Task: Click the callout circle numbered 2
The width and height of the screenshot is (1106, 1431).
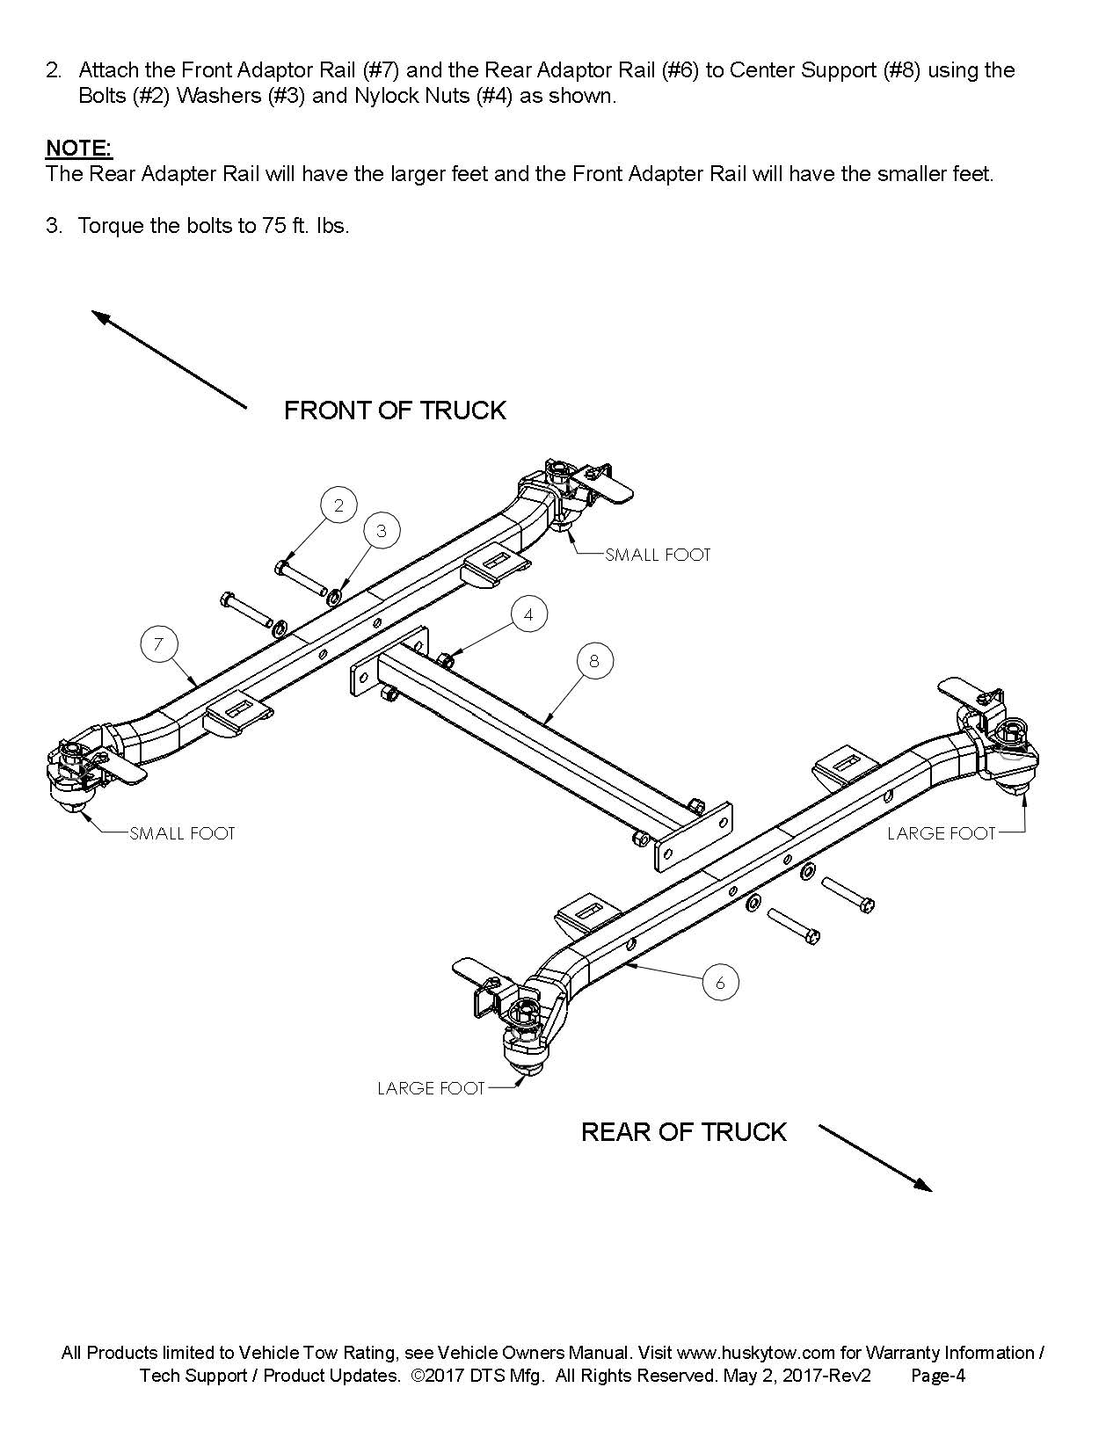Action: click(x=338, y=505)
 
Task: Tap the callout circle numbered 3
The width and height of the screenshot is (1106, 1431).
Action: click(x=381, y=530)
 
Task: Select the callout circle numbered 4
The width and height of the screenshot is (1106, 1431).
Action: click(x=528, y=614)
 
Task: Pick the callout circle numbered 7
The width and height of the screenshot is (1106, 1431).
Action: click(x=158, y=644)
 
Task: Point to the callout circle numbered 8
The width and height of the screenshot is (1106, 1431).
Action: click(x=594, y=660)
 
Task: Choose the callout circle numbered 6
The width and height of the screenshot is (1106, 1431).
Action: click(x=720, y=983)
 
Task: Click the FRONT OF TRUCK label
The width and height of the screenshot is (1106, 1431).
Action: click(x=395, y=410)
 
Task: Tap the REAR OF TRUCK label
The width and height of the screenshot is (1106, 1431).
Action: click(x=683, y=1131)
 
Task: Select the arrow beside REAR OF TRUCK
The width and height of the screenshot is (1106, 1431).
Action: click(x=875, y=1158)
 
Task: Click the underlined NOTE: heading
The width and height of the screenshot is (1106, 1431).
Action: click(x=79, y=148)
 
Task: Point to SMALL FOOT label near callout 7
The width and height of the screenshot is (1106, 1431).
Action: click(x=182, y=833)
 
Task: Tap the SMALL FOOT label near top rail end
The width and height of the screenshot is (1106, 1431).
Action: click(x=658, y=555)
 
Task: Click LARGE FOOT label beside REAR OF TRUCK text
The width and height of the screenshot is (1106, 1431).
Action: click(x=431, y=1088)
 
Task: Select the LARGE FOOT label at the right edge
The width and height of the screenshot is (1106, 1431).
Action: click(x=941, y=833)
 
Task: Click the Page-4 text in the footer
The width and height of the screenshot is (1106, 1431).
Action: click(x=938, y=1376)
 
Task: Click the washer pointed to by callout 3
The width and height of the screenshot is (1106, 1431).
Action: click(x=335, y=598)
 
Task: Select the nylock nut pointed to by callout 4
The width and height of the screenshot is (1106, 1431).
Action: click(x=445, y=659)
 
